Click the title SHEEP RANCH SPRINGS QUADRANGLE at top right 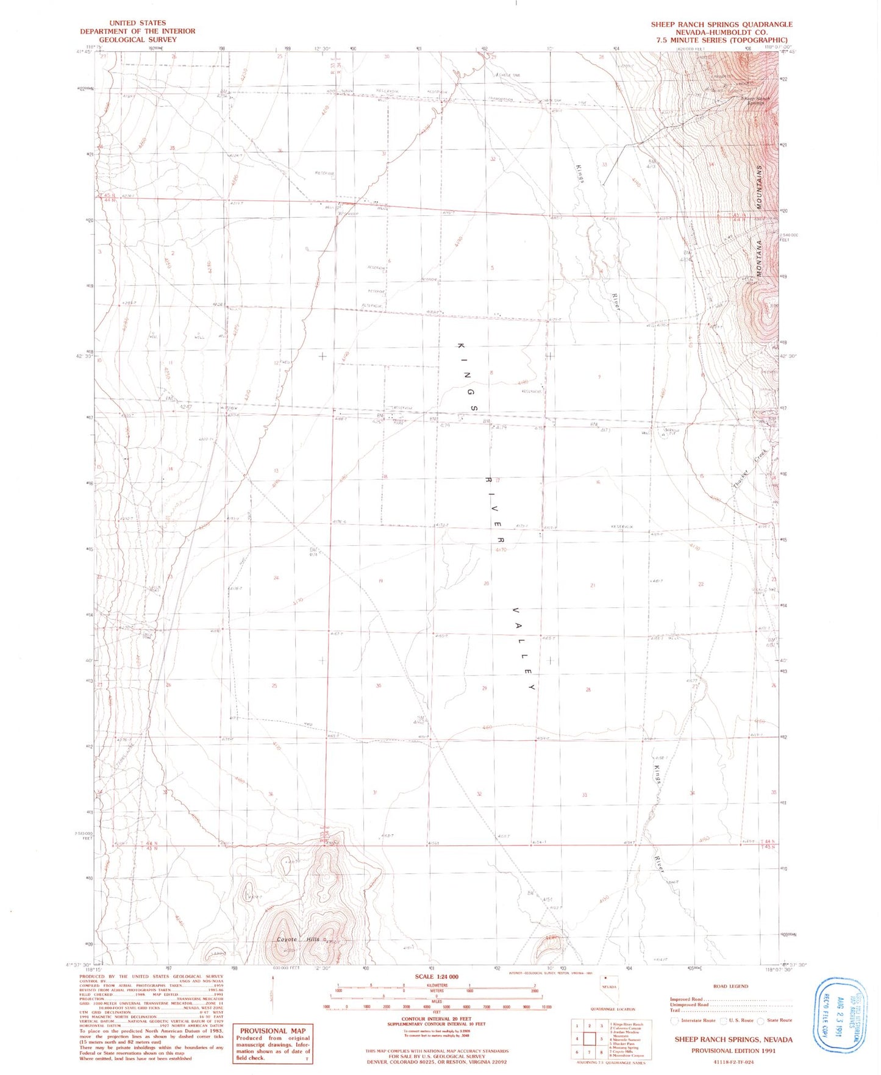click(x=721, y=24)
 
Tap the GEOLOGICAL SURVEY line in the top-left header click(x=138, y=40)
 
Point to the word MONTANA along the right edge click(x=759, y=259)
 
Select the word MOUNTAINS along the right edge click(x=760, y=187)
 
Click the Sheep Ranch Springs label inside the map click(x=756, y=100)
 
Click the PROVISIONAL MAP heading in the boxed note click(x=273, y=1030)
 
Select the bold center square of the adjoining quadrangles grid click(x=590, y=1038)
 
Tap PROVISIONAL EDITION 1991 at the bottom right click(x=733, y=1051)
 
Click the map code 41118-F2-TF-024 click(x=733, y=1062)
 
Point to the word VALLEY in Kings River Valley click(x=523, y=648)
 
